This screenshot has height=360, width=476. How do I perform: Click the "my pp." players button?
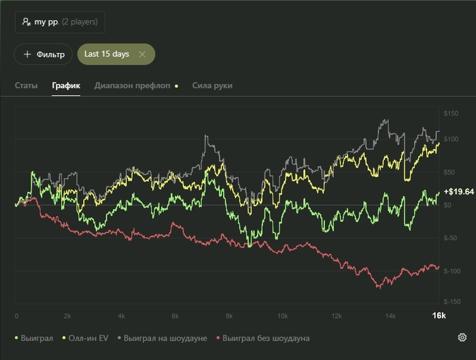60,22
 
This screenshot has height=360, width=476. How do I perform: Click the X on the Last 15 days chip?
141,54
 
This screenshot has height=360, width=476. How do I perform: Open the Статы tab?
26,86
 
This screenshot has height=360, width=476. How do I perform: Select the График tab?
66,86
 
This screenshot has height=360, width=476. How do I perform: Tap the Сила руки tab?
212,86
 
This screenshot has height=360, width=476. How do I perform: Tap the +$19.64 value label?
458,192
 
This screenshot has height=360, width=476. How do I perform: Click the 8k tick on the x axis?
228,316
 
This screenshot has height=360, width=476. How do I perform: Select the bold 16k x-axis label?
439,316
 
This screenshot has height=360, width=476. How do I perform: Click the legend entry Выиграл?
33,338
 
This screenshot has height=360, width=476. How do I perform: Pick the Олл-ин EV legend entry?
86,338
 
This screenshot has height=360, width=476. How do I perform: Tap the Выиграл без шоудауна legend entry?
265,338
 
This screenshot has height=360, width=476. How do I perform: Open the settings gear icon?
462,338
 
